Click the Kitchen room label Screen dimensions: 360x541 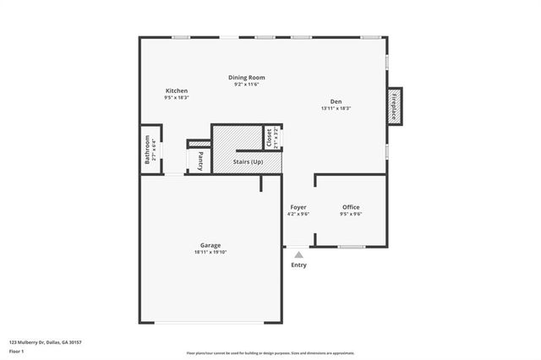click(177, 90)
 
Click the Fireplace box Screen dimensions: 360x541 click(394, 106)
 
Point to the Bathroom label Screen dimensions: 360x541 click(148, 150)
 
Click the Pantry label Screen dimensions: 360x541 click(200, 159)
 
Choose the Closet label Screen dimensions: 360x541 click(269, 138)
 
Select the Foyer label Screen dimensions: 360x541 click(298, 207)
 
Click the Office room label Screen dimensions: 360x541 click(351, 207)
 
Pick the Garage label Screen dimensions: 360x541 click(210, 245)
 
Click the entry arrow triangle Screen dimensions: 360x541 click(298, 253)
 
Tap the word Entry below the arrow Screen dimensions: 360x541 click(299, 265)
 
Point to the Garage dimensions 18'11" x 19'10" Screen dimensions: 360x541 click(210, 252)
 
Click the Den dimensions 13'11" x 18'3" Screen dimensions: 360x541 click(336, 108)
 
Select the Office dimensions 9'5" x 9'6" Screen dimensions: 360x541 click(351, 214)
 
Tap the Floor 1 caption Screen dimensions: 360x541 click(17, 352)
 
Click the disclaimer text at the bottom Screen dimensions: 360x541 click(270, 353)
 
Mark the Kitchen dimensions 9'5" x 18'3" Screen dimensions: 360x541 click(177, 97)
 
